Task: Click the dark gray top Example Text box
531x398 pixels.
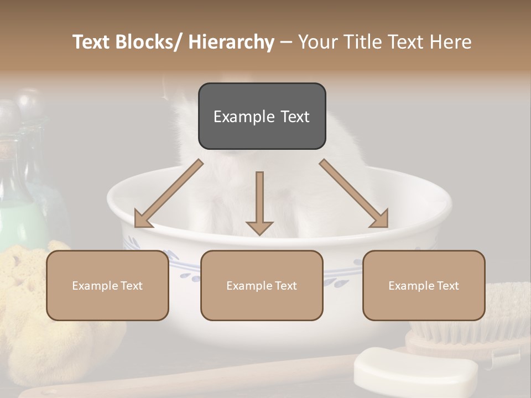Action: click(x=262, y=116)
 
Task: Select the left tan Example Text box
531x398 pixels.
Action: click(x=107, y=285)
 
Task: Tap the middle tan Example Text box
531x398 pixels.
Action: click(x=262, y=285)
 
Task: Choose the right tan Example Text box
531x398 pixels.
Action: click(x=424, y=285)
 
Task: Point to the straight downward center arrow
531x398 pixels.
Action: click(x=259, y=199)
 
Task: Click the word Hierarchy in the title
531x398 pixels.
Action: click(x=231, y=42)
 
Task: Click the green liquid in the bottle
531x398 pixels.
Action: click(x=19, y=221)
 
